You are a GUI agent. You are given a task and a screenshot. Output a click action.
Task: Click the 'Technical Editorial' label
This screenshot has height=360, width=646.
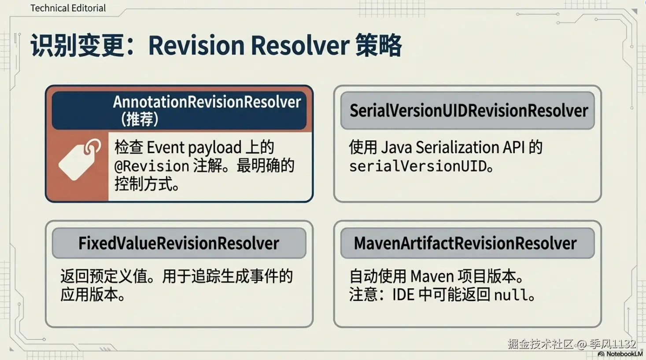[68, 8]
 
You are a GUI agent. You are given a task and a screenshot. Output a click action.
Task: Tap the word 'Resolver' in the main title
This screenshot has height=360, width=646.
[300, 45]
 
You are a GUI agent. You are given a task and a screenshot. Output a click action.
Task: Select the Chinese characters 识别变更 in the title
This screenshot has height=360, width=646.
[78, 45]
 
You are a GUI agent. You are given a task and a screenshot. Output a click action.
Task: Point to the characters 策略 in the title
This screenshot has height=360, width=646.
[378, 45]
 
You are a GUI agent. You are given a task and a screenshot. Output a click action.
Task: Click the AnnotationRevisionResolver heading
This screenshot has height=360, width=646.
[207, 102]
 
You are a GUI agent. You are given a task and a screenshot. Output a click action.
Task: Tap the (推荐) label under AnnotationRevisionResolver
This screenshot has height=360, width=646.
[140, 119]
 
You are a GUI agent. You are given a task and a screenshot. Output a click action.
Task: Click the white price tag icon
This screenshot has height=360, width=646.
[80, 160]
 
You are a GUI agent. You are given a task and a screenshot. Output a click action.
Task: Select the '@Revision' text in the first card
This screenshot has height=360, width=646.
[151, 166]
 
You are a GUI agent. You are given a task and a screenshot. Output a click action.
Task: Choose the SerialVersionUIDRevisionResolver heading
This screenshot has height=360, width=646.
[469, 110]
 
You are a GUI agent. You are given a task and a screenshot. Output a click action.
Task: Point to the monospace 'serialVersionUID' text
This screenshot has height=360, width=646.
[418, 166]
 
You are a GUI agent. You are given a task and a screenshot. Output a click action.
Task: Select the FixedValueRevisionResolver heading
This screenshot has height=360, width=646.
[179, 243]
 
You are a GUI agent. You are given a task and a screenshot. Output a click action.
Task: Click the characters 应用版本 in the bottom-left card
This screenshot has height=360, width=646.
[89, 294]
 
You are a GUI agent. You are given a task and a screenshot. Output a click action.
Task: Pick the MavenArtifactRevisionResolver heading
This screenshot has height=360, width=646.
[465, 243]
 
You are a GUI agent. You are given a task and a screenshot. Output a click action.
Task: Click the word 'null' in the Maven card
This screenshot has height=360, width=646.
[510, 294]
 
